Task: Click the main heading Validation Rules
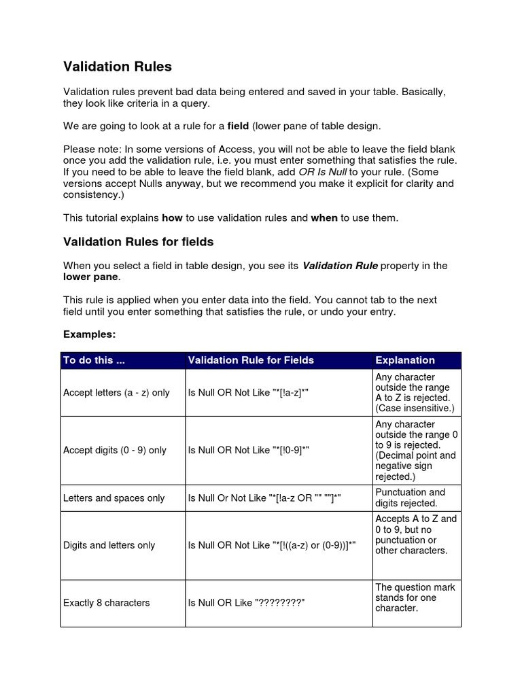(118, 67)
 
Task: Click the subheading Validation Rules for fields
(139, 241)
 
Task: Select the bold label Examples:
(89, 334)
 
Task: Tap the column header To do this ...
(94, 360)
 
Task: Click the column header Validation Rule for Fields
(251, 360)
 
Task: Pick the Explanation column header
(405, 360)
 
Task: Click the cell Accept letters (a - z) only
(116, 393)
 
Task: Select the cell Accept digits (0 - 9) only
(115, 450)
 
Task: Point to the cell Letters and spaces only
(114, 498)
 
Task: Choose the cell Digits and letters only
(109, 545)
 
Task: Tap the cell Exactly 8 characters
(106, 603)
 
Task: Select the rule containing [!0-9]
(250, 450)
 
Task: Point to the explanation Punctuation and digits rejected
(410, 498)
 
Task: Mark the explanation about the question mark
(415, 597)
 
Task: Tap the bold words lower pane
(90, 277)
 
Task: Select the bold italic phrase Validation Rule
(339, 266)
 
